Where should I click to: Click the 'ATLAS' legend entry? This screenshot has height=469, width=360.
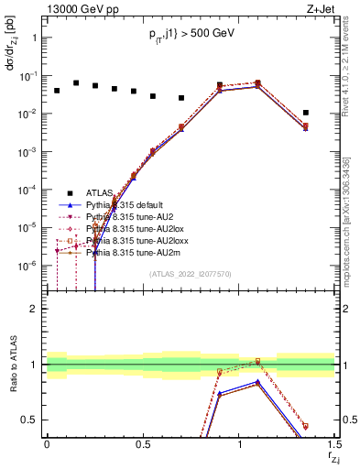[x=99, y=192]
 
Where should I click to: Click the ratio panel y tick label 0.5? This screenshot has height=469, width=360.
[x=30, y=420]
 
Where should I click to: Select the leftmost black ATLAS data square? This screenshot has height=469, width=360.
[x=57, y=91]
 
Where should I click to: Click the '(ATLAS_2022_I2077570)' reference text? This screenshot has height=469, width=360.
[x=191, y=274]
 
